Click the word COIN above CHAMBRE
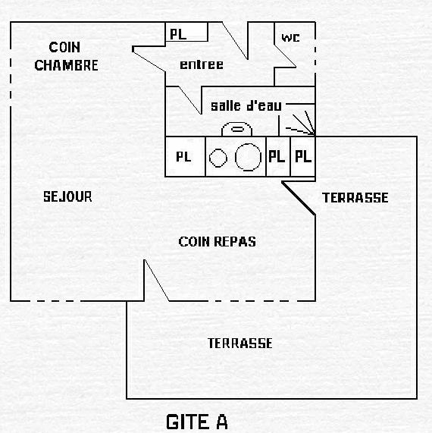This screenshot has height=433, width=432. click(64, 47)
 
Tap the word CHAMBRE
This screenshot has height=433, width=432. click(66, 65)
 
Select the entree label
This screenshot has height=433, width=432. click(202, 64)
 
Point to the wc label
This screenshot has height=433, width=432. click(290, 38)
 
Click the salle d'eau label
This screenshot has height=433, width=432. click(246, 105)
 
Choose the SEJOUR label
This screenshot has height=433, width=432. click(67, 196)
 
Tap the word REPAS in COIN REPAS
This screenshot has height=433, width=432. click(235, 242)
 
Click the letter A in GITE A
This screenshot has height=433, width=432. click(221, 422)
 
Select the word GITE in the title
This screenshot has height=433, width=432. click(187, 422)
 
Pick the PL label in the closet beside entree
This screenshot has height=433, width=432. click(178, 34)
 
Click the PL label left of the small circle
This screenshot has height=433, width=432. click(183, 156)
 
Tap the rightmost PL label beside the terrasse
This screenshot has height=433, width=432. click(303, 156)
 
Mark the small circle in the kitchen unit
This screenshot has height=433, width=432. click(218, 158)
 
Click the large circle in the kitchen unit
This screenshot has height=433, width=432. click(248, 157)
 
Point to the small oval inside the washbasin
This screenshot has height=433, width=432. click(237, 129)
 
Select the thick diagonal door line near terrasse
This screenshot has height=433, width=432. click(299, 198)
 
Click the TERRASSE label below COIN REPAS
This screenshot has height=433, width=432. click(240, 344)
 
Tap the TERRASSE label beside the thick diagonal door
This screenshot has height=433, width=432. click(355, 198)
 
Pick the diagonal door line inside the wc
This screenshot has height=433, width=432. click(285, 55)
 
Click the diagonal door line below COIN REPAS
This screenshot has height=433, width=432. click(157, 280)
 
